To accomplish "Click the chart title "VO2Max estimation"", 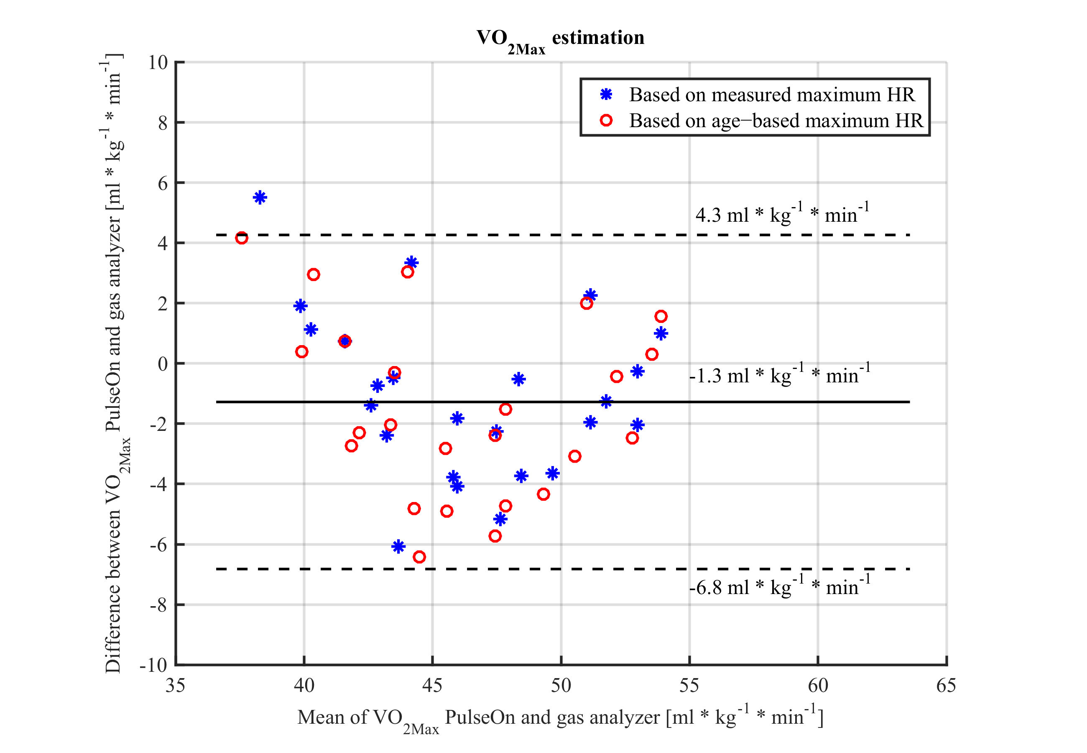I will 560,38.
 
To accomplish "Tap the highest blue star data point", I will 260,197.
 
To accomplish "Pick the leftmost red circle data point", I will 241,238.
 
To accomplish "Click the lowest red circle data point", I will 419,557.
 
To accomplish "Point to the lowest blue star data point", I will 398,546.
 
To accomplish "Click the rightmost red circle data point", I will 661,316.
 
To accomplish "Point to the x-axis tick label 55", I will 689,686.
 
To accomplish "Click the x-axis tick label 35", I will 175,686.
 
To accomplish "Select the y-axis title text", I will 114,363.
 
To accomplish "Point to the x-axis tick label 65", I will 946,686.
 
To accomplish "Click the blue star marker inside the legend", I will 606,95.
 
